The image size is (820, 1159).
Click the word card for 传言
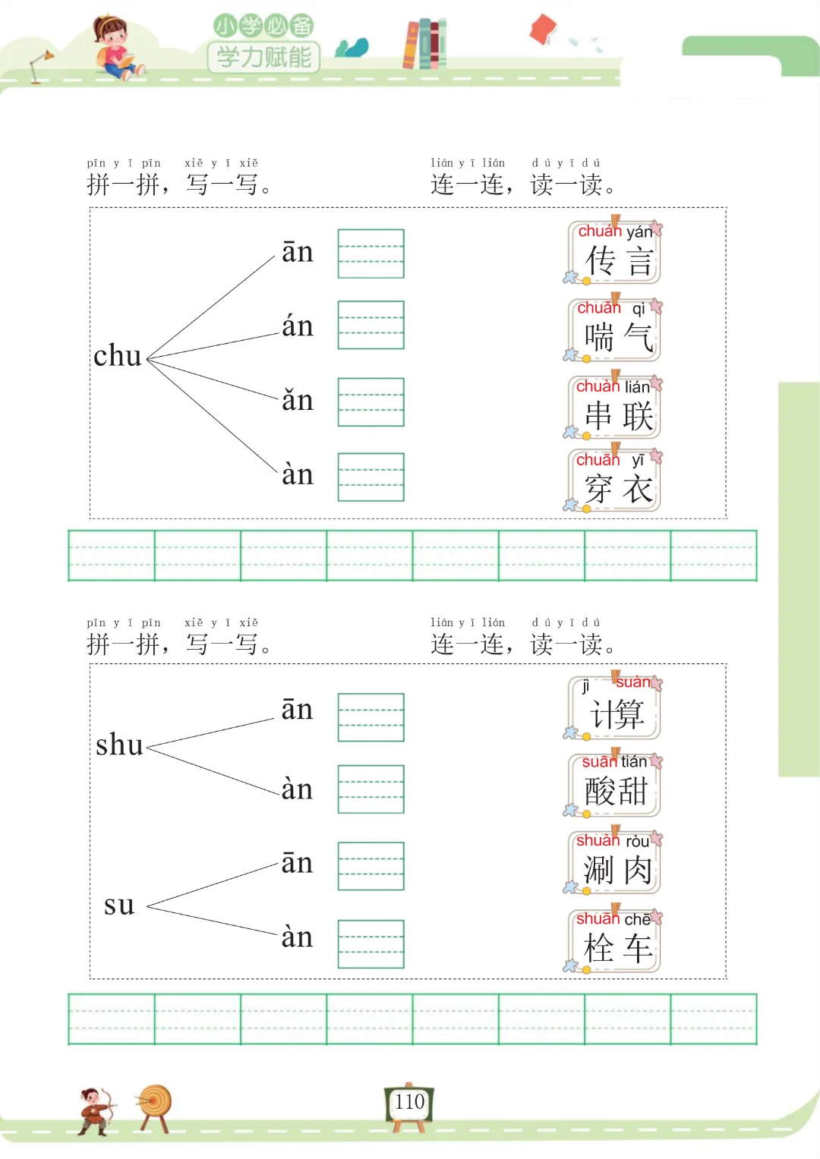tap(614, 253)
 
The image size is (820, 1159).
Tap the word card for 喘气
tap(614, 330)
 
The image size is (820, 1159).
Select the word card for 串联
tap(614, 408)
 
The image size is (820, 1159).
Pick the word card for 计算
tap(614, 707)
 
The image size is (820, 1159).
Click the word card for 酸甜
tap(614, 785)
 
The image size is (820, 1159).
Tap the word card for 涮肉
tap(614, 863)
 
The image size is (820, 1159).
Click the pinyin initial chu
tap(118, 356)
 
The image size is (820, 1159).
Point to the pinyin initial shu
tap(119, 745)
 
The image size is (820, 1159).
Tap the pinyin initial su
tap(119, 905)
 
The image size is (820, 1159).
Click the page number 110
tap(409, 1102)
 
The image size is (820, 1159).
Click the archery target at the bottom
tap(155, 1105)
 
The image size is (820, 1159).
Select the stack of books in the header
tap(424, 43)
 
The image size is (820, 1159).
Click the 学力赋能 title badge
tap(263, 56)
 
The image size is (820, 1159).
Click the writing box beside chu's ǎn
tap(371, 402)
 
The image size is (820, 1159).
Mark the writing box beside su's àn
tap(371, 943)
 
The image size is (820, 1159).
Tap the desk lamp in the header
tap(40, 65)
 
